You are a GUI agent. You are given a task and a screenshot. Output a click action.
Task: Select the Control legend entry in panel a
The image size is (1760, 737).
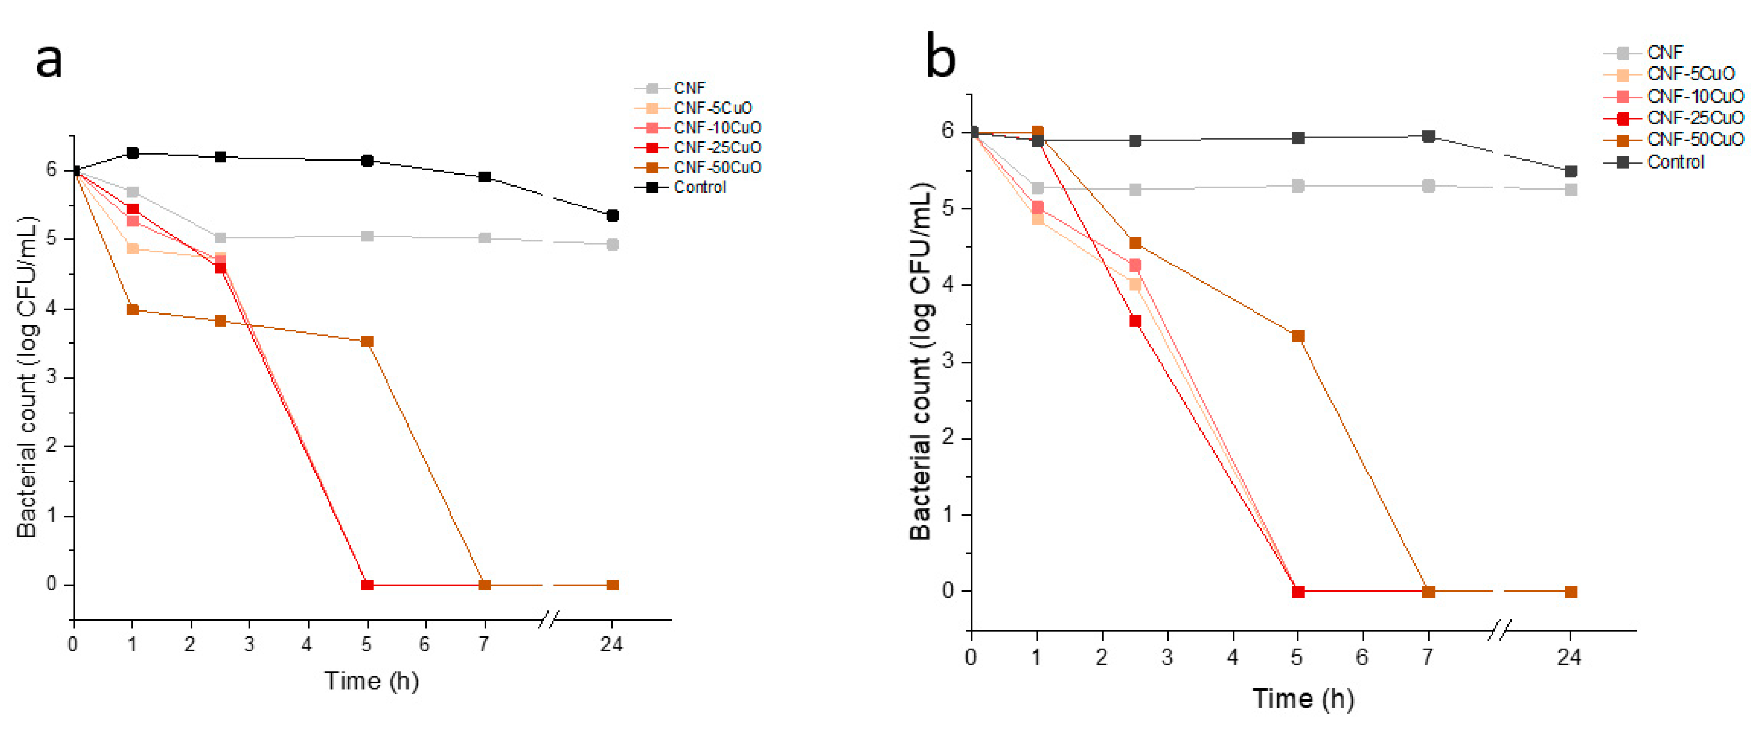[699, 187]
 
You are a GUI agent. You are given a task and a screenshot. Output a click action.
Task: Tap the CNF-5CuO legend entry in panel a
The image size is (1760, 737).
[712, 108]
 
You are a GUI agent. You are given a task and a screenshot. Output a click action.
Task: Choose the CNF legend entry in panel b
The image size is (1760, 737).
[1664, 53]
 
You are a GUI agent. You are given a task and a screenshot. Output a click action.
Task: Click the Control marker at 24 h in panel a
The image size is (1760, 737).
[613, 216]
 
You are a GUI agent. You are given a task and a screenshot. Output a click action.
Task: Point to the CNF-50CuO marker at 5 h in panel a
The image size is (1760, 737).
[367, 342]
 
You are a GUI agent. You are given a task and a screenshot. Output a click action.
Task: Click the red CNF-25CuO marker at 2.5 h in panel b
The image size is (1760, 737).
[1135, 321]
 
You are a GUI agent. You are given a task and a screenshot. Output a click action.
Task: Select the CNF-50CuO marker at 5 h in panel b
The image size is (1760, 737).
[1298, 336]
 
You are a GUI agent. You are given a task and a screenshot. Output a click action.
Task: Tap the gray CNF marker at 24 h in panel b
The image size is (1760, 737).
[1571, 190]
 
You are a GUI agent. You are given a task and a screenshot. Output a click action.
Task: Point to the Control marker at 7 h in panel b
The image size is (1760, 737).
[1428, 137]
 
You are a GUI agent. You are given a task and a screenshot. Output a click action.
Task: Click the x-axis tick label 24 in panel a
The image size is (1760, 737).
[611, 644]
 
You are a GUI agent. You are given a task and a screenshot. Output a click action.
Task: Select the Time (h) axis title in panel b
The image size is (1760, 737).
[1302, 698]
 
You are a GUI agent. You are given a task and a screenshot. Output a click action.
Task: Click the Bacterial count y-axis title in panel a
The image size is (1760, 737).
[28, 377]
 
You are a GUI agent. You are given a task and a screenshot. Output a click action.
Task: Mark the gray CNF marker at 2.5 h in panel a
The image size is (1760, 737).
[220, 237]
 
